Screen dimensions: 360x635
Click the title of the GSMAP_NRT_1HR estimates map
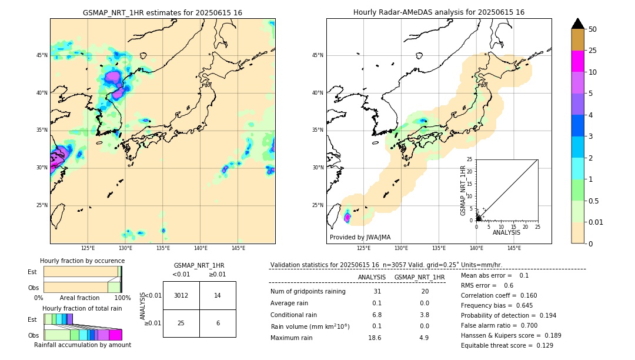tap(162, 12)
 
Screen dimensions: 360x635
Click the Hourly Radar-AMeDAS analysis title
tap(439, 12)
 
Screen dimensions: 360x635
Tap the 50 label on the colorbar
tap(593, 29)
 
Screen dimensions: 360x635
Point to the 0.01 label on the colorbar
tap(596, 222)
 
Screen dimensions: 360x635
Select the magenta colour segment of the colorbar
tap(577, 61)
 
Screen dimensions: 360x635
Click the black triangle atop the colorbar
tap(577, 24)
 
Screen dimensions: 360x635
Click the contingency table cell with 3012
tap(181, 295)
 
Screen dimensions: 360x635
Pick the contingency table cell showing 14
tap(218, 295)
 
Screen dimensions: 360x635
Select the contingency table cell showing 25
tap(181, 323)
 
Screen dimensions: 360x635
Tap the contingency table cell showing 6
tap(218, 323)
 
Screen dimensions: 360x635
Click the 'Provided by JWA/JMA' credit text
tap(360, 237)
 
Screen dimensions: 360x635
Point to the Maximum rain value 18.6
tap(377, 338)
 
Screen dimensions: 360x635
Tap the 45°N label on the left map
tap(42, 55)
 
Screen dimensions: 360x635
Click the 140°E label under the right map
tap(476, 248)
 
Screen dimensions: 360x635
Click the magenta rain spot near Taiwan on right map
tap(347, 218)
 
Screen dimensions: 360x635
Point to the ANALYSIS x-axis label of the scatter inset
tap(506, 232)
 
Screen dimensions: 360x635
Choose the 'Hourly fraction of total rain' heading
tap(82, 309)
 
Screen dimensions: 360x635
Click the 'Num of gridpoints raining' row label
tap(308, 291)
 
